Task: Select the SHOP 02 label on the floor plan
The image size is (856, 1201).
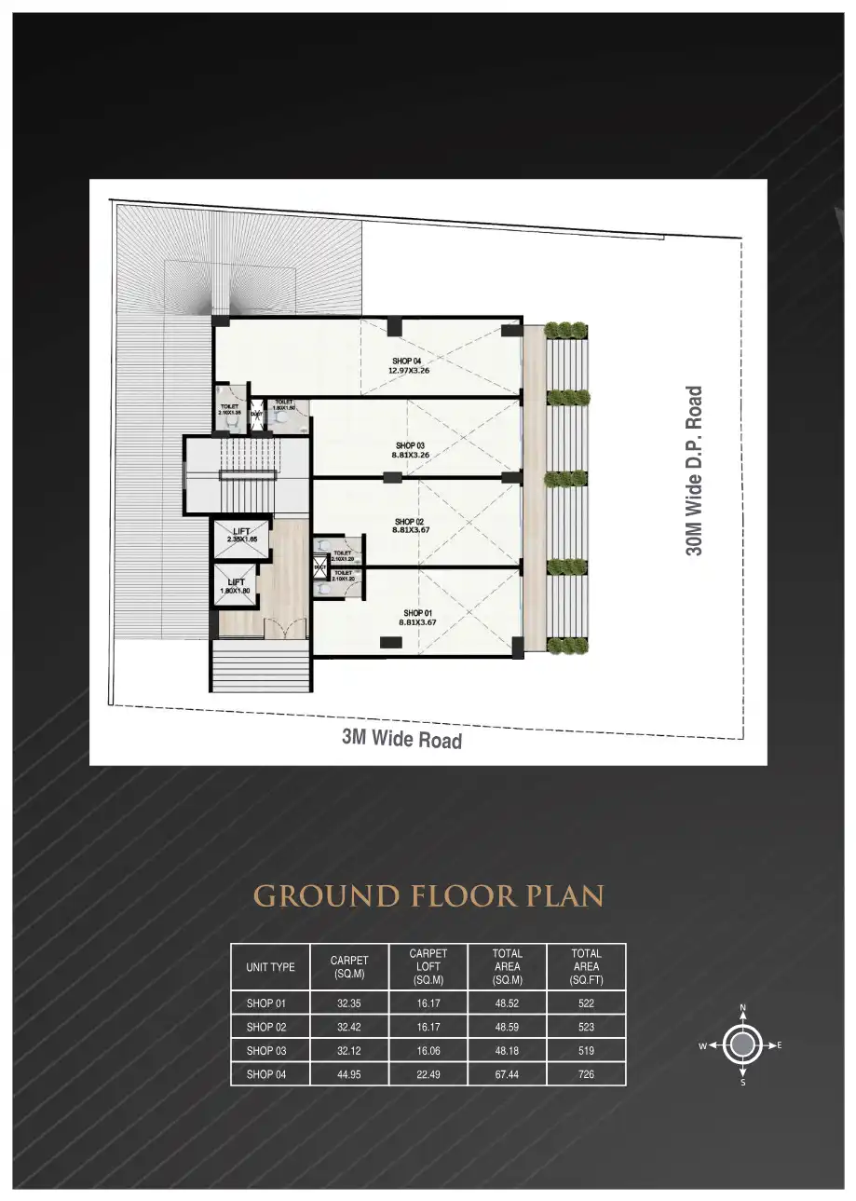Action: pyautogui.click(x=409, y=526)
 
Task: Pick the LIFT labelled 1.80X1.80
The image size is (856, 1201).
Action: pyautogui.click(x=236, y=585)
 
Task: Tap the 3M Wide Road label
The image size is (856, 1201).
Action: pyautogui.click(x=401, y=740)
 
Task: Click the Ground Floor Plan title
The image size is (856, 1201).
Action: pyautogui.click(x=428, y=896)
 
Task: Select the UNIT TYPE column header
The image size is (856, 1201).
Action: pyautogui.click(x=270, y=967)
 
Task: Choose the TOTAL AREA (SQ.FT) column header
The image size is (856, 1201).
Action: pyautogui.click(x=586, y=966)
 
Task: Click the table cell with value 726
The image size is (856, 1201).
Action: pyautogui.click(x=586, y=1074)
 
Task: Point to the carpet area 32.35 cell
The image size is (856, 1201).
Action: pyautogui.click(x=349, y=1003)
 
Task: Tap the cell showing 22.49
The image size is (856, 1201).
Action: pyautogui.click(x=428, y=1074)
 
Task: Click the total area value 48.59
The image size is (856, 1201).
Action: pyautogui.click(x=508, y=1027)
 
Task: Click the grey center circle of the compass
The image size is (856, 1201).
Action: pyautogui.click(x=742, y=1045)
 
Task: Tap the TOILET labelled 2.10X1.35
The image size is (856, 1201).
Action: pyautogui.click(x=229, y=409)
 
